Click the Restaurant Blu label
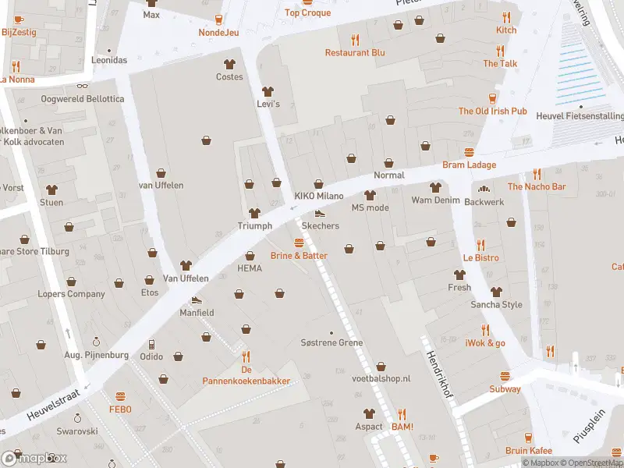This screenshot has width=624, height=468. click(x=356, y=53)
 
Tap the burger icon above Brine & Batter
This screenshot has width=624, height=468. click(x=299, y=243)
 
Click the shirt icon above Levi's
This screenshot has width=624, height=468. click(x=268, y=90)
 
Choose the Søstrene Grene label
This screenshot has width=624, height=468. click(x=331, y=343)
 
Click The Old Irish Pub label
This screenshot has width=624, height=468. click(x=492, y=112)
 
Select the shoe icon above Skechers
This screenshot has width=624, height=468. click(x=319, y=213)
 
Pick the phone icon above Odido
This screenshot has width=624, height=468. click(x=151, y=344)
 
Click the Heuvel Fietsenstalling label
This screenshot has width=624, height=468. click(x=580, y=117)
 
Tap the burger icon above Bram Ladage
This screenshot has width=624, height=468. click(x=469, y=152)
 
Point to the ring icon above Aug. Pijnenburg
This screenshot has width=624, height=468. click(x=96, y=342)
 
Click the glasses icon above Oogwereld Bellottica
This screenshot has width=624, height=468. click(x=82, y=87)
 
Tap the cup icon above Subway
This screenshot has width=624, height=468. click(x=505, y=376)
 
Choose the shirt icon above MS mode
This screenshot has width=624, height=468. click(x=370, y=194)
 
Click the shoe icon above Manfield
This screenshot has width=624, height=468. click(x=197, y=300)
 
